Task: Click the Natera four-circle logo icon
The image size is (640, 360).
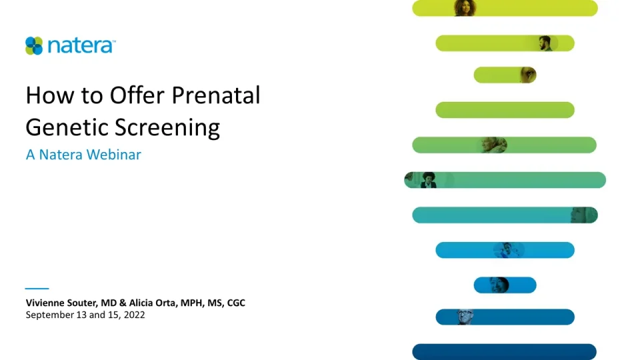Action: point(34,45)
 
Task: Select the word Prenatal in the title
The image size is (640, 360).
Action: point(216,96)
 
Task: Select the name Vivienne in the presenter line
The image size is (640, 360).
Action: point(47,303)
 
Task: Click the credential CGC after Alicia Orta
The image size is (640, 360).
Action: point(236,303)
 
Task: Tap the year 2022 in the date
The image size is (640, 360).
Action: point(133,315)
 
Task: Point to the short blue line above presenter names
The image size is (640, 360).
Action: point(37,289)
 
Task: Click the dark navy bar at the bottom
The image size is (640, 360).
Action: point(504,351)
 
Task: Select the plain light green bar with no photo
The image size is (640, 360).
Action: point(505,110)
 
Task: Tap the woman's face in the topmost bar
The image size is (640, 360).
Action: point(464,8)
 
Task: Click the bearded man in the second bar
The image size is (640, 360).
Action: point(545,43)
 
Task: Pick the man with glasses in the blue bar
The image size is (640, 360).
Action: point(464,317)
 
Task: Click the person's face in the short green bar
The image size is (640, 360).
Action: point(528,75)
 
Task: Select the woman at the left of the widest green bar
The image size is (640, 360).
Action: point(428,179)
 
